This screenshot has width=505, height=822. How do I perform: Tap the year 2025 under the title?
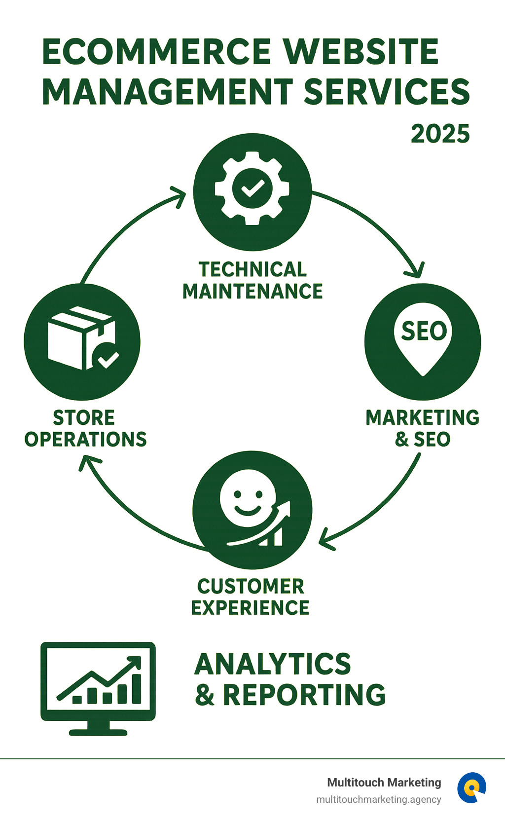pyautogui.click(x=440, y=134)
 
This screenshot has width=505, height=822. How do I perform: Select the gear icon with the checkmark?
pyautogui.click(x=252, y=188)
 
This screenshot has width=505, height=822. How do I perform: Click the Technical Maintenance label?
pyautogui.click(x=252, y=280)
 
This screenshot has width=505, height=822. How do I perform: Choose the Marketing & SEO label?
pyautogui.click(x=423, y=428)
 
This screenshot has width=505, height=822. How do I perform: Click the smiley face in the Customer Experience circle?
pyautogui.click(x=248, y=499)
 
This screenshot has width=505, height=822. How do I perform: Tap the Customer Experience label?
pyautogui.click(x=251, y=597)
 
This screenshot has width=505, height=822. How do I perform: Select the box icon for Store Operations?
pyautogui.click(x=82, y=339)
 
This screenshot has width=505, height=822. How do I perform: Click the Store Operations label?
pyautogui.click(x=85, y=428)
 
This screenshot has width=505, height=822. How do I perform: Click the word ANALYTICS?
pyautogui.click(x=273, y=664)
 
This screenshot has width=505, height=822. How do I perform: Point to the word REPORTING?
pyautogui.click(x=304, y=695)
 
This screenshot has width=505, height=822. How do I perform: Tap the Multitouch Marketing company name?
pyautogui.click(x=384, y=783)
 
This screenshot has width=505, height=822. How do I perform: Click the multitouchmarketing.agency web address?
pyautogui.click(x=379, y=800)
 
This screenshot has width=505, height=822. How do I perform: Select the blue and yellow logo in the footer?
pyautogui.click(x=471, y=787)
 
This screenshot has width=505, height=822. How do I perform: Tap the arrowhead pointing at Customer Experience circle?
pyautogui.click(x=325, y=539)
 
